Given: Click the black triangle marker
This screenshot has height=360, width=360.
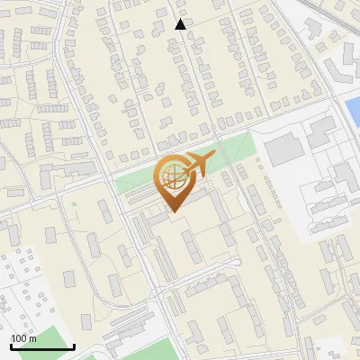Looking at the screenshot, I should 181,24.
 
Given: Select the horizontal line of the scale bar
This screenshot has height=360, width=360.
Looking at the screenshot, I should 42,346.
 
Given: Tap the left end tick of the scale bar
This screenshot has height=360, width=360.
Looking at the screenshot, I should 12,345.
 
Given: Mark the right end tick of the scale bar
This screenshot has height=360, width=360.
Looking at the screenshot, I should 74,345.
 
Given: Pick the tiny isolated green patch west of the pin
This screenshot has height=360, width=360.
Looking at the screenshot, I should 74,205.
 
